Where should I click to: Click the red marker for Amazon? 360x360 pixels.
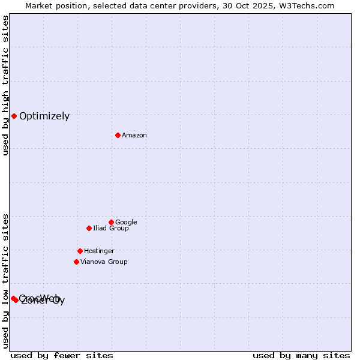tap(118, 135)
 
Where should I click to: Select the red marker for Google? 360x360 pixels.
tap(111, 222)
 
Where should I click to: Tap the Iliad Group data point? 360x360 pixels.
tap(89, 228)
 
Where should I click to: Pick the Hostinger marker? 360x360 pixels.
tap(80, 251)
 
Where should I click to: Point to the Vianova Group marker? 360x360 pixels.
tap(76, 262)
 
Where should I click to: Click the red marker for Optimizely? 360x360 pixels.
tap(14, 116)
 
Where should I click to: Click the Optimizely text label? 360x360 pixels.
tap(44, 116)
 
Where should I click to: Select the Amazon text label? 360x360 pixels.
tap(134, 136)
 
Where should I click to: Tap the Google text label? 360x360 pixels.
tap(126, 223)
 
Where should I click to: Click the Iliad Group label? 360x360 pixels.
tap(111, 229)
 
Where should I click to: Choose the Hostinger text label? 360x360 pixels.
tap(99, 251)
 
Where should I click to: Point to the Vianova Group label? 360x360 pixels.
tap(104, 262)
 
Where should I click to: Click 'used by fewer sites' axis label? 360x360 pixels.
tap(62, 355)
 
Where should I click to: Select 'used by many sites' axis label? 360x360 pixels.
tap(301, 355)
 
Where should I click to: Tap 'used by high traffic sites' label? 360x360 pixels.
tap(6, 85)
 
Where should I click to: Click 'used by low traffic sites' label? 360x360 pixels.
tap(6, 280)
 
